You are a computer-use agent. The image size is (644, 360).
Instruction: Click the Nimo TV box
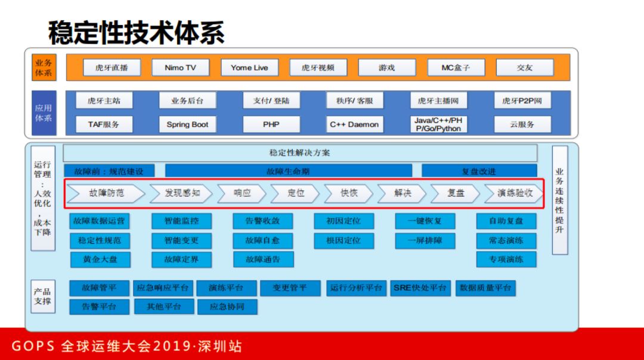pos(180,68)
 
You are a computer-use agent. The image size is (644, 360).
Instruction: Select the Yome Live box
pos(249,68)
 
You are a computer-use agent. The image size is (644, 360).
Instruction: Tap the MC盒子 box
pos(456,68)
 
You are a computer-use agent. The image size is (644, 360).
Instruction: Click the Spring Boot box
pos(187,125)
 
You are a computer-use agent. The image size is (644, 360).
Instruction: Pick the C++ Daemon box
pos(354,125)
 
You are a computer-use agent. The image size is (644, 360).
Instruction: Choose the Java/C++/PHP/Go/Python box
pos(438,125)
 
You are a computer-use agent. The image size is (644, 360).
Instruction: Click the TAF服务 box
pos(104,125)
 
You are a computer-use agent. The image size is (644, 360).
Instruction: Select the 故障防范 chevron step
pos(107,193)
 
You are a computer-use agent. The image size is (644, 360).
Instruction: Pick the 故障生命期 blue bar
pos(288,171)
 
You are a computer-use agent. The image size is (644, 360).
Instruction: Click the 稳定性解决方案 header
pos(300,153)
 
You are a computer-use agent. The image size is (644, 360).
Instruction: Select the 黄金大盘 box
pos(99,259)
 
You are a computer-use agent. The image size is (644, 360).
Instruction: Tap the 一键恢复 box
pos(425,221)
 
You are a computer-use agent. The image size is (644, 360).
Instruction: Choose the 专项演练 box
pos(506,259)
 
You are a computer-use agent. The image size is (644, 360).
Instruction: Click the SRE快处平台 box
pos(420,288)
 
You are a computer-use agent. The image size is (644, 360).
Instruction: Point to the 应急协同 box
pos(227,306)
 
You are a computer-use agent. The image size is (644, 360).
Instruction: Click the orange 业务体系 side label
pos(44,68)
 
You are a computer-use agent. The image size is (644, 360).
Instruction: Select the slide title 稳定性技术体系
pos(137,32)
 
